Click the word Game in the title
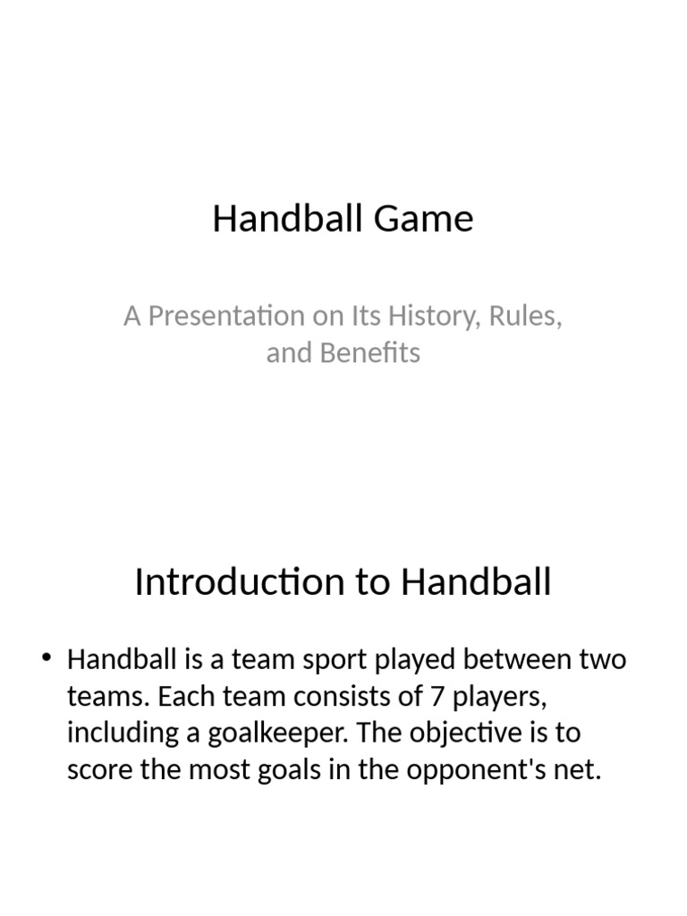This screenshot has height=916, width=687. (423, 218)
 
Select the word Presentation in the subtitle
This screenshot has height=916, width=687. (226, 316)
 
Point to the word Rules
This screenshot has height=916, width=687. (525, 317)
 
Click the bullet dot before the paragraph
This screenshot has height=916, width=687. (47, 657)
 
